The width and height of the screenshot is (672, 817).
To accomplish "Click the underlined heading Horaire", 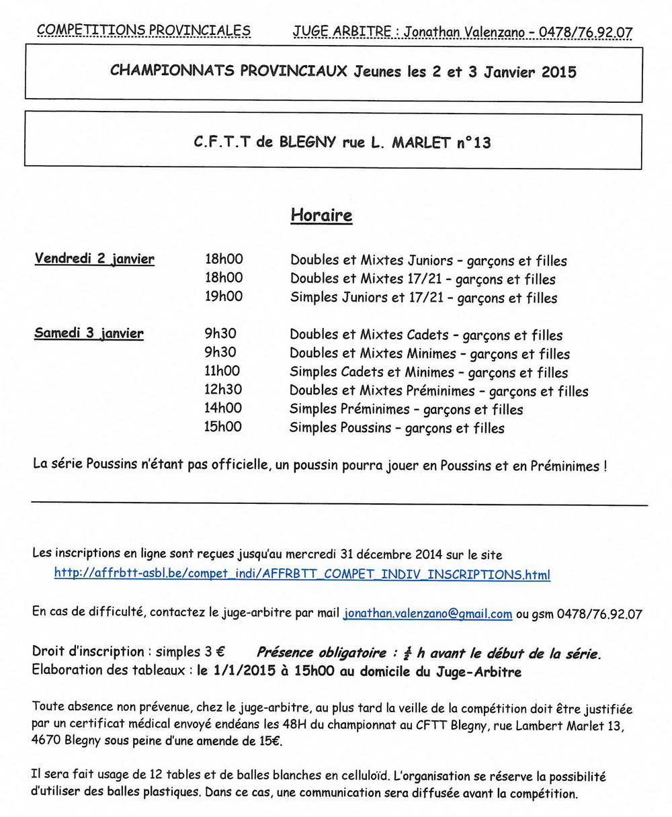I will tap(321, 216).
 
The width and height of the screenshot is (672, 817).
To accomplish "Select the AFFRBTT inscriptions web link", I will tap(302, 574).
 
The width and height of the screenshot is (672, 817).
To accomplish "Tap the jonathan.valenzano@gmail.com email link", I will tap(427, 613).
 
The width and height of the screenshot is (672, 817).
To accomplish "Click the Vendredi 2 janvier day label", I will tap(95, 259).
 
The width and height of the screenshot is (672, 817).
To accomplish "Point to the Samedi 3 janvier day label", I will tap(89, 333).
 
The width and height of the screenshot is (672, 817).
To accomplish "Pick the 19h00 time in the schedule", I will tap(224, 296).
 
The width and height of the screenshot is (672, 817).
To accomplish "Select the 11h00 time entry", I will tap(222, 371).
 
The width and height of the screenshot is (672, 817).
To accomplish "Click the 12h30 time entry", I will tap(223, 390).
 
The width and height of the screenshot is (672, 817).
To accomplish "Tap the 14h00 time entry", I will tap(223, 408).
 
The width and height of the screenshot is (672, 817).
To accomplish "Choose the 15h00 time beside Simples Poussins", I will tap(223, 427).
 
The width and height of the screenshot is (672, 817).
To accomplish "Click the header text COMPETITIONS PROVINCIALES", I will tap(144, 30).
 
